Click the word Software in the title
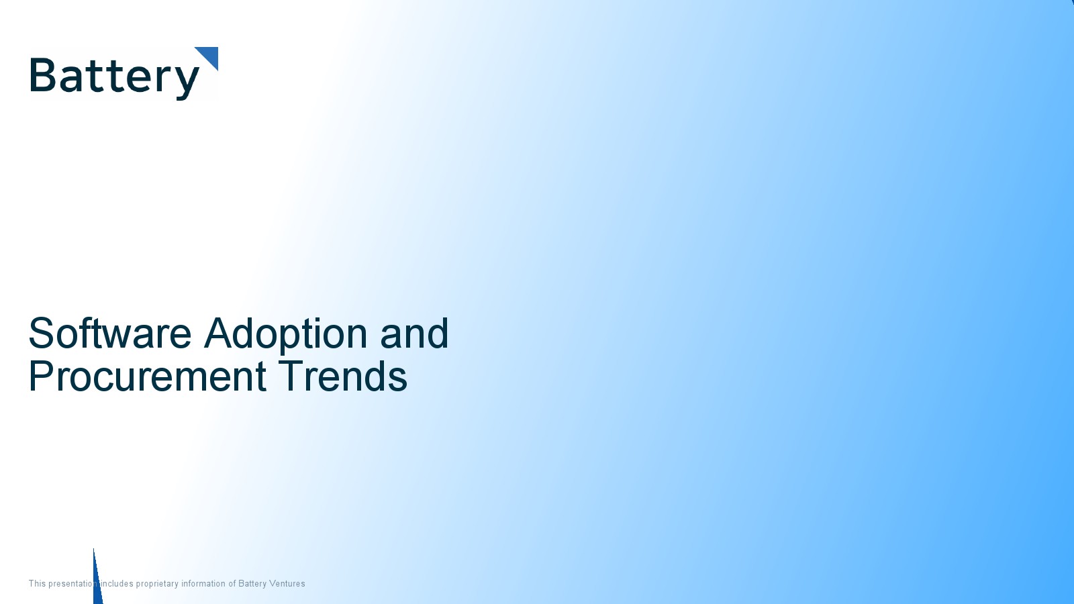click(110, 333)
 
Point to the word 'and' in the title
click(414, 333)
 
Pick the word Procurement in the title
click(148, 376)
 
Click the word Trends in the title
click(343, 376)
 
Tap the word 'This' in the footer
click(37, 583)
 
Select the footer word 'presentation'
click(72, 584)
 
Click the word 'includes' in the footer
click(117, 583)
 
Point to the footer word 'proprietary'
click(157, 584)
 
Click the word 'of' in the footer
click(232, 583)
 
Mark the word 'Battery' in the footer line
click(252, 584)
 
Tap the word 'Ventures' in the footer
click(287, 583)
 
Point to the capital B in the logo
click(42, 74)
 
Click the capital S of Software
click(40, 333)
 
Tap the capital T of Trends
click(291, 376)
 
